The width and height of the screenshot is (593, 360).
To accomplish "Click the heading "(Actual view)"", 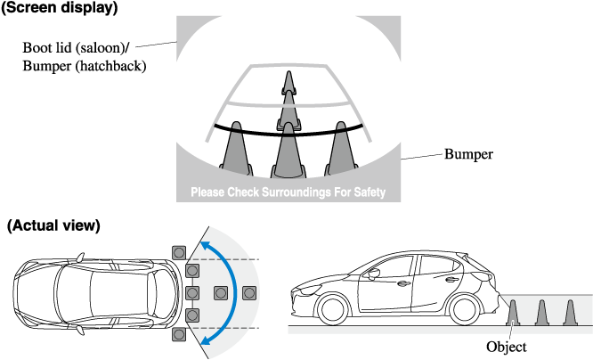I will [x=54, y=226].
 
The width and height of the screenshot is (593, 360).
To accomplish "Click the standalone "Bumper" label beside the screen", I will [x=468, y=153].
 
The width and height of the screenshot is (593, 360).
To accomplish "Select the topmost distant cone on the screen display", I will [x=288, y=82].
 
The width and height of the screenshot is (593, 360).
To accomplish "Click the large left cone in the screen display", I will [x=235, y=147].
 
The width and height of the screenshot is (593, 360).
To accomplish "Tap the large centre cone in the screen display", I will [x=288, y=150].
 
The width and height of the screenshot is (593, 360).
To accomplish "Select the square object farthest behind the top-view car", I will [x=249, y=291].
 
